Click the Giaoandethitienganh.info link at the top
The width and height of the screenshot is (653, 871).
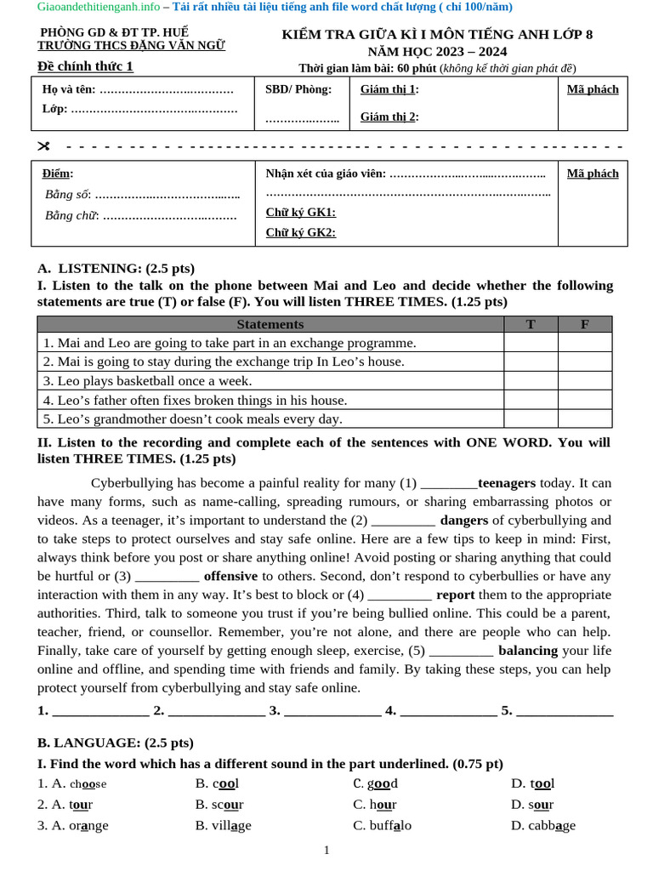coord(98,8)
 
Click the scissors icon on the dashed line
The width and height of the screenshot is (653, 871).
coord(44,146)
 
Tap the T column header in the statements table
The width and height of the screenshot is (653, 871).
coord(531,324)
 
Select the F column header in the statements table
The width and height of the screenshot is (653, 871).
coord(584,324)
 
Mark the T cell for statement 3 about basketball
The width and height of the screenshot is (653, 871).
coord(531,381)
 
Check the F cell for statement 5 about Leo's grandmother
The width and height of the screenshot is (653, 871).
coord(584,418)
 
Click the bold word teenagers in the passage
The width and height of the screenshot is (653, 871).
coord(507,483)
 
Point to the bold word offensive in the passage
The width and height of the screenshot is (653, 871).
coord(230,577)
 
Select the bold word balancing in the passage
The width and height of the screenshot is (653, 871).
coord(528,651)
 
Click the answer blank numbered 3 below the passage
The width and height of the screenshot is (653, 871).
coord(332,711)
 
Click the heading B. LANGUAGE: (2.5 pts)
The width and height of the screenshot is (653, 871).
coord(116,743)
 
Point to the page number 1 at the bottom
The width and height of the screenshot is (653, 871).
coord(326,850)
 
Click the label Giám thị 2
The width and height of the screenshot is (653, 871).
coord(389,117)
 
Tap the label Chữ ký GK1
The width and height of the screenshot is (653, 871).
coord(300,213)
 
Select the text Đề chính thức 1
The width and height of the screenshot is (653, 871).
coord(85,66)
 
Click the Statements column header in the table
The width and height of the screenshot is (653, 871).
coord(270,324)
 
